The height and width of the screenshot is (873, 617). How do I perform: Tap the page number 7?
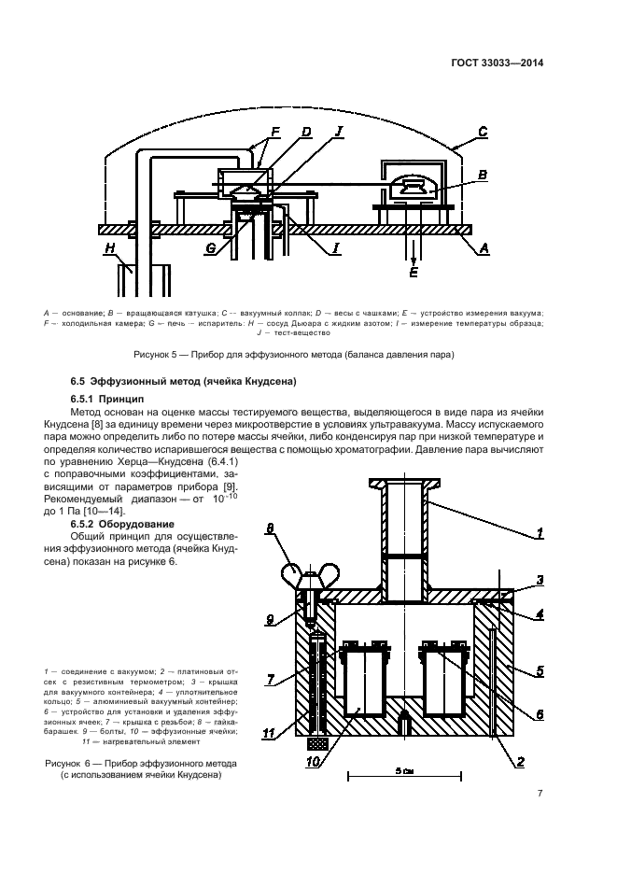[x=540, y=795]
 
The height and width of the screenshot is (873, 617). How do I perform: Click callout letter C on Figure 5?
[x=484, y=133]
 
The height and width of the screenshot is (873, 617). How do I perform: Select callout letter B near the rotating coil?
[x=483, y=175]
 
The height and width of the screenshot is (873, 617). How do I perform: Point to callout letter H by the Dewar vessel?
[x=109, y=248]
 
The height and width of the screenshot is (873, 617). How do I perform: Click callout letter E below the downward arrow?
[x=414, y=273]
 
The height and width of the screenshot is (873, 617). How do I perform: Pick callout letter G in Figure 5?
[x=212, y=249]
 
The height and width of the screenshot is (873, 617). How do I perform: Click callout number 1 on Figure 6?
[x=539, y=535]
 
